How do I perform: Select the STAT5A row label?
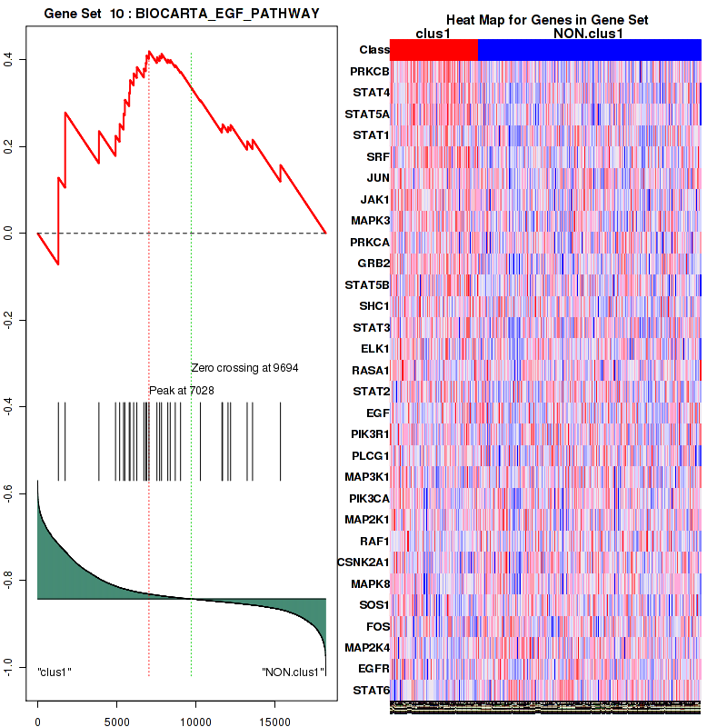(x=367, y=114)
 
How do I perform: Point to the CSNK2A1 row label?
(x=363, y=562)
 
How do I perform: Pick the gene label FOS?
(x=376, y=626)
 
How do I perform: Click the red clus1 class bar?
(x=436, y=49)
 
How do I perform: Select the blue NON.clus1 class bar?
(x=589, y=49)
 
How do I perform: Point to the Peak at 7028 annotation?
(x=182, y=390)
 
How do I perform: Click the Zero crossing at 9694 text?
(x=244, y=368)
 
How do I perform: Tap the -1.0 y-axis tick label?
(x=15, y=668)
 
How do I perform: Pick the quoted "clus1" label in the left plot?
(x=55, y=672)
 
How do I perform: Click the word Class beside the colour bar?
(x=374, y=50)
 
